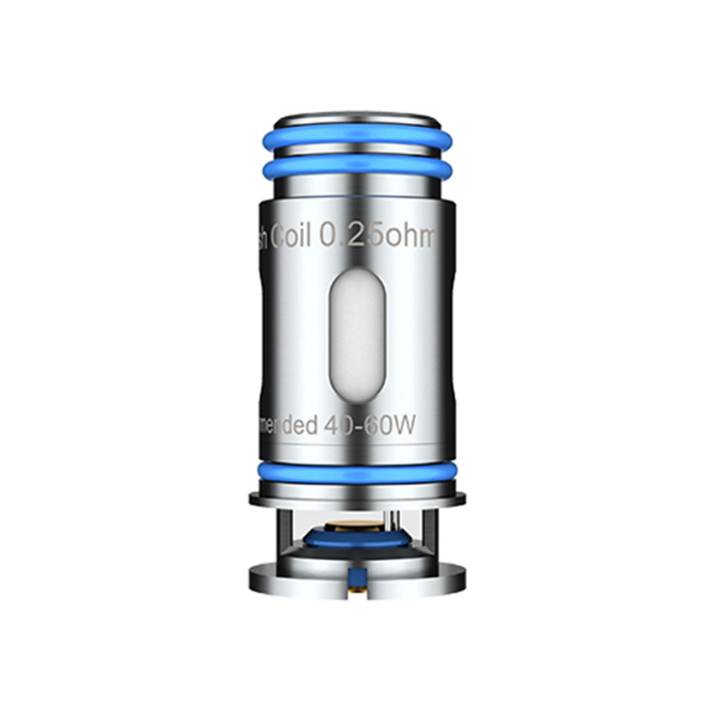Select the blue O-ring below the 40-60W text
click(357, 473)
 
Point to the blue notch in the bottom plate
click(357, 576)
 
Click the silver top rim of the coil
click(357, 118)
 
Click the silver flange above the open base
click(357, 498)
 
